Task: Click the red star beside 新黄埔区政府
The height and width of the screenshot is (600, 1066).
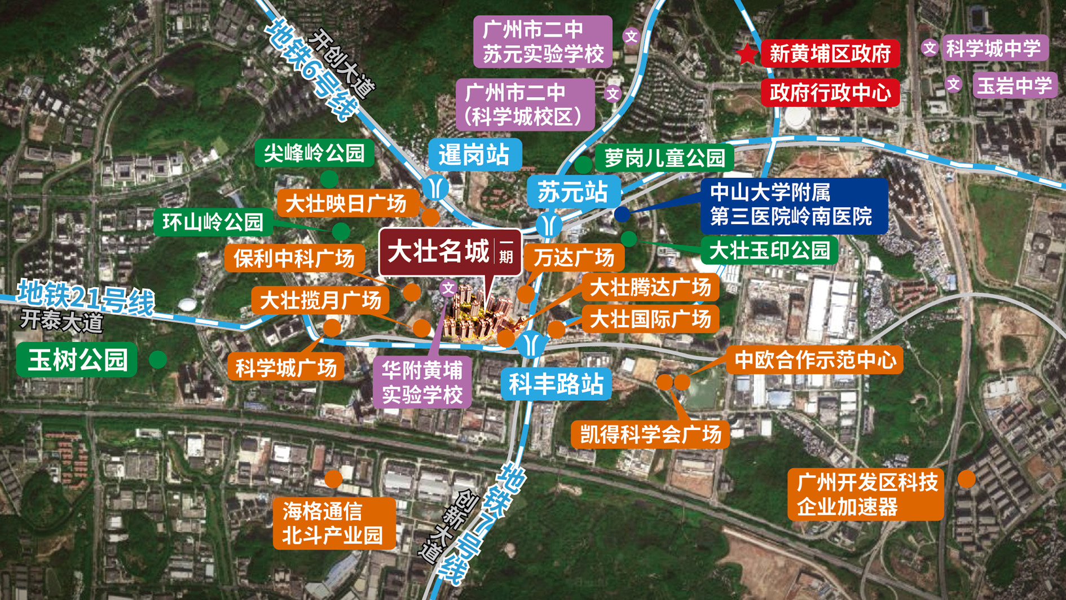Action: tap(747, 54)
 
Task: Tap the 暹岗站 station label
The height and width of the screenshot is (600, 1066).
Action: tap(474, 155)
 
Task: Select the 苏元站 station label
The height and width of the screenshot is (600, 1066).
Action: tap(573, 192)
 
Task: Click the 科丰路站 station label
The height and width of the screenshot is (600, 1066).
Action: tap(556, 384)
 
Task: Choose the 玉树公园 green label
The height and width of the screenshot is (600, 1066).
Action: tap(77, 360)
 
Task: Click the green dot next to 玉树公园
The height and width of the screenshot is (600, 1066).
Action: tap(158, 360)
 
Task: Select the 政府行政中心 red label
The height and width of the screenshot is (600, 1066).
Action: tap(830, 93)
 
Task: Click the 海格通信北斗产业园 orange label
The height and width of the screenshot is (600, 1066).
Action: tap(334, 523)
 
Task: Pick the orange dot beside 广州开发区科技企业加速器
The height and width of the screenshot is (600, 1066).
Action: tap(967, 479)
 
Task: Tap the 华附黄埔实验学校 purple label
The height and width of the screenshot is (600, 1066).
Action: tap(422, 383)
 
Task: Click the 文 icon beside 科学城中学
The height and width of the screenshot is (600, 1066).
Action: tap(930, 48)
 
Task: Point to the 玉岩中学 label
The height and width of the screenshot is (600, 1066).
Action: tap(1014, 86)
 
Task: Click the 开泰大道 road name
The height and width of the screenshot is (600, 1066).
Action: tap(62, 321)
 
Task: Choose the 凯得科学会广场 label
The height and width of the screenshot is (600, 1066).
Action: tap(650, 435)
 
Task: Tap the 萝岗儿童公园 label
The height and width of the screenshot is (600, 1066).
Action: tap(664, 157)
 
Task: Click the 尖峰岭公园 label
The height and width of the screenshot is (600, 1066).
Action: tap(314, 153)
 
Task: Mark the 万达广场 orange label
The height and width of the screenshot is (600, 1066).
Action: tap(574, 258)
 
